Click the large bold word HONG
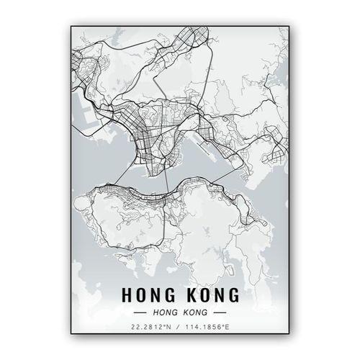[148, 295]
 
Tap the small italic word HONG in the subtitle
[163, 312]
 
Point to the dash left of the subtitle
[140, 312]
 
